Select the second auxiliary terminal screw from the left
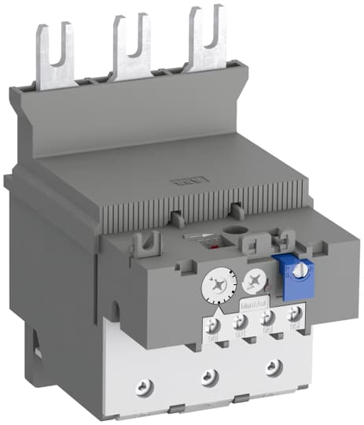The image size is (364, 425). coord(241,321)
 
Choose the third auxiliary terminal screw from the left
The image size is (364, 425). coord(267,319)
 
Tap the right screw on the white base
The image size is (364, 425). coord(272,367)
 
